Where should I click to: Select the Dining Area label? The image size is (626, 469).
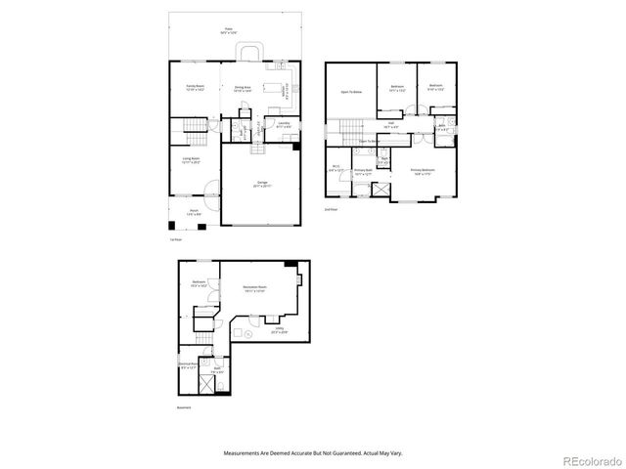point(244,87)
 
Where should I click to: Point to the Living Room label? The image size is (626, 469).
point(192,160)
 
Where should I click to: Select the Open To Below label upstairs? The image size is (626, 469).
point(351,93)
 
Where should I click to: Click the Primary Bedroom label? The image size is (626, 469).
point(423,170)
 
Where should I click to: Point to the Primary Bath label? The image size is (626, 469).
point(363,170)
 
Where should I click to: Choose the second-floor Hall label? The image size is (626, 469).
point(389,123)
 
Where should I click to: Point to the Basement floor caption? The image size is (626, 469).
point(184,407)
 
